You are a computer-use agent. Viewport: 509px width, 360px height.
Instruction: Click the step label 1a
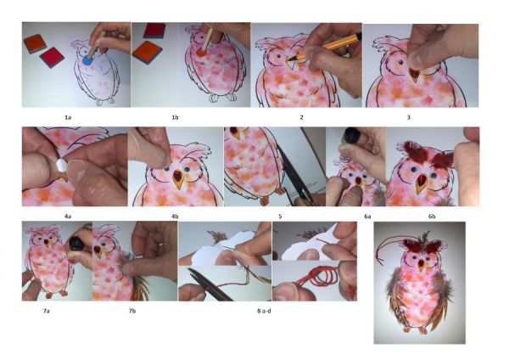tap(68, 118)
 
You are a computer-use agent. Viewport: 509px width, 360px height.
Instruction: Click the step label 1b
tap(175, 118)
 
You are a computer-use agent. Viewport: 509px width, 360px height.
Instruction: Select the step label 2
tap(301, 118)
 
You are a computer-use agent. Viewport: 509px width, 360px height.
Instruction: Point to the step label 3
tap(408, 118)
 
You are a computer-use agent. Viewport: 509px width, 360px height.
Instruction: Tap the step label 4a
tap(68, 216)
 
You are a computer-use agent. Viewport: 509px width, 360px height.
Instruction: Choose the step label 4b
tap(175, 216)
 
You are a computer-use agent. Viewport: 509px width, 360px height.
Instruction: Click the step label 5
tap(280, 216)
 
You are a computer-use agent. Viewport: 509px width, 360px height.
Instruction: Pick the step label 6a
tap(367, 216)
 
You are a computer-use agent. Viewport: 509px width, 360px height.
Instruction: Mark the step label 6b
tap(432, 216)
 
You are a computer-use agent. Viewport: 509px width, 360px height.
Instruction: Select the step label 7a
tap(46, 311)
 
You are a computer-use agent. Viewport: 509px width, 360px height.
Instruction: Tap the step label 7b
tap(132, 311)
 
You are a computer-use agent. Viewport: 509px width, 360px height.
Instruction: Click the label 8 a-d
tap(264, 311)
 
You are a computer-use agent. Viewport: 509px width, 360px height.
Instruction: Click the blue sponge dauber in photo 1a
tap(87, 60)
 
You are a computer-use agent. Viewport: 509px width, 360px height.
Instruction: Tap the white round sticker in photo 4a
tap(61, 166)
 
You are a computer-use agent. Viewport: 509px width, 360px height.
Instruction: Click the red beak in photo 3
tap(415, 74)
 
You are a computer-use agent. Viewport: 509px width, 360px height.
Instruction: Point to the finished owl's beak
tap(421, 265)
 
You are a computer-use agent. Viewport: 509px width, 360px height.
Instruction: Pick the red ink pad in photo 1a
tap(52, 57)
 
